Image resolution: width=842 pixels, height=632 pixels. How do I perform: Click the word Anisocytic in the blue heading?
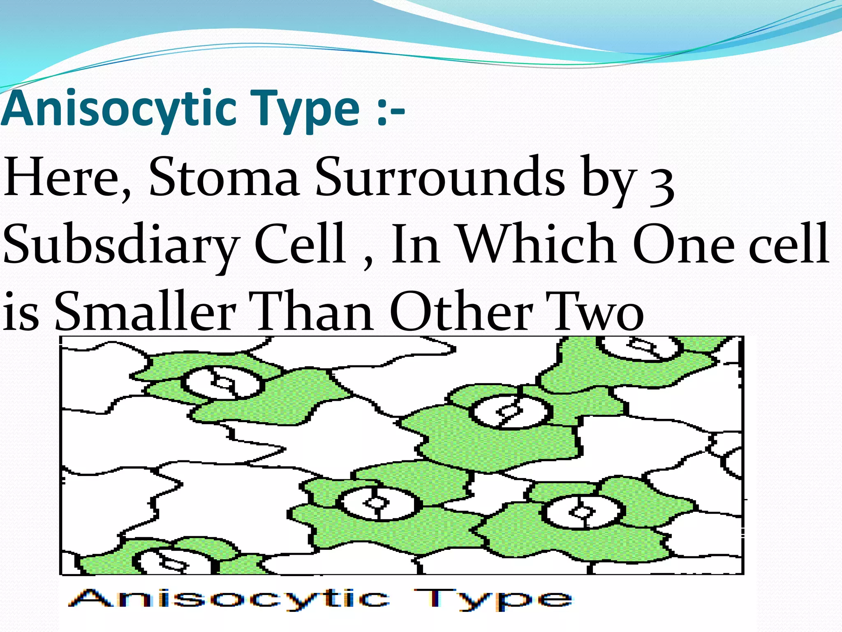click(119, 109)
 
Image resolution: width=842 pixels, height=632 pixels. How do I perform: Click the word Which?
click(537, 244)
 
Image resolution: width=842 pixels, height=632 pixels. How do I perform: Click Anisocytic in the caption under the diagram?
click(229, 599)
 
